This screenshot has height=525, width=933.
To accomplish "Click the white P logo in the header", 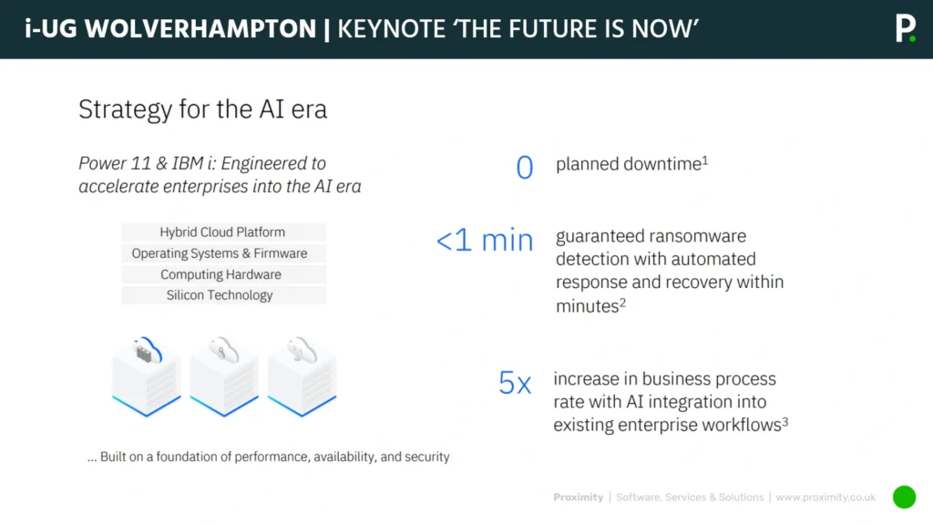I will coord(904,28).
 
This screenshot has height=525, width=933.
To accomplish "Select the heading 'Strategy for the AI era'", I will coord(202,110).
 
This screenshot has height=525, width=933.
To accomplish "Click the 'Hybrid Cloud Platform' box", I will coord(222,232).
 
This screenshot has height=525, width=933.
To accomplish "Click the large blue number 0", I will coord(525,168).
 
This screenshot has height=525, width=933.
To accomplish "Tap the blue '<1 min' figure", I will coord(485,240).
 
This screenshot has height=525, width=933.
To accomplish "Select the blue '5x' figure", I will coord(515,383).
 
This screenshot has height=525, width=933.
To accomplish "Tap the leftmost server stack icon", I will coord(146,376).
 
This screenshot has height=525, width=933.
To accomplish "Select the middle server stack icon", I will coord(224,376).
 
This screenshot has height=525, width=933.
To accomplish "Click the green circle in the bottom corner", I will coord(904,497).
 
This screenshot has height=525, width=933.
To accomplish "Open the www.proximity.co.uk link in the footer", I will coord(825,498).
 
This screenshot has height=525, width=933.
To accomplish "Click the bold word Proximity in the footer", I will coord(578,498).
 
